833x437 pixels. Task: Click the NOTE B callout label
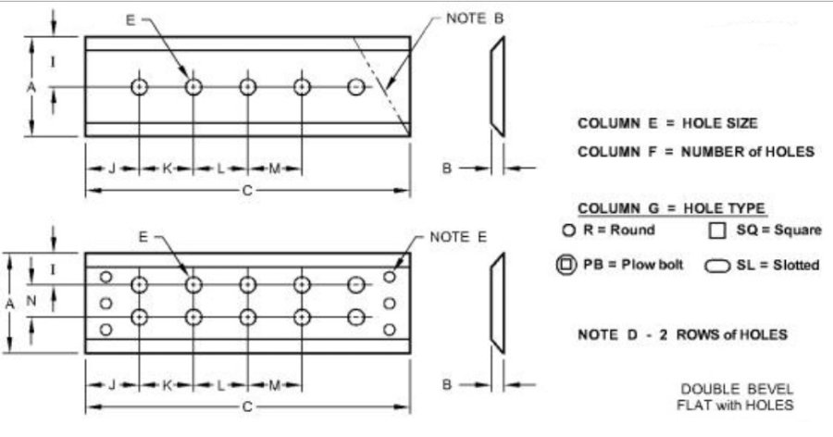click(475, 19)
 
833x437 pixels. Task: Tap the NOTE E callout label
click(458, 237)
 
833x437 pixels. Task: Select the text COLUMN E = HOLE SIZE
click(667, 123)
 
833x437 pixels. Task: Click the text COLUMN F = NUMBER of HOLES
click(696, 152)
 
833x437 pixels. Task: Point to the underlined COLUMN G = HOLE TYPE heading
click(672, 208)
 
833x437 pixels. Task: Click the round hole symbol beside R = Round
click(569, 231)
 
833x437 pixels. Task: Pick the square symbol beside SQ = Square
click(717, 231)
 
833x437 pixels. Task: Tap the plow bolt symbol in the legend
click(566, 264)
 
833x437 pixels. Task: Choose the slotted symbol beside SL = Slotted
click(717, 266)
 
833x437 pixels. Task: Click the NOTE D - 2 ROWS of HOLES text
click(682, 335)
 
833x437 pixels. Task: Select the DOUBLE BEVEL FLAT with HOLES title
click(735, 397)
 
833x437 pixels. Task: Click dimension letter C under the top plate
click(247, 191)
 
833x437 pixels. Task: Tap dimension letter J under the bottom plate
click(112, 385)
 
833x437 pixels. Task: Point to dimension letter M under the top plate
click(274, 169)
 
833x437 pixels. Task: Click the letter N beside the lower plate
click(31, 301)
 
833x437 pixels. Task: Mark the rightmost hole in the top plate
click(356, 87)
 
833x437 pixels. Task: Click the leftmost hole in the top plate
click(139, 87)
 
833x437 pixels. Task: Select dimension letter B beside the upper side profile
click(447, 169)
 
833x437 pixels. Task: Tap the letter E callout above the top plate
click(131, 20)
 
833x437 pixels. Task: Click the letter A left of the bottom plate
click(9, 304)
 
